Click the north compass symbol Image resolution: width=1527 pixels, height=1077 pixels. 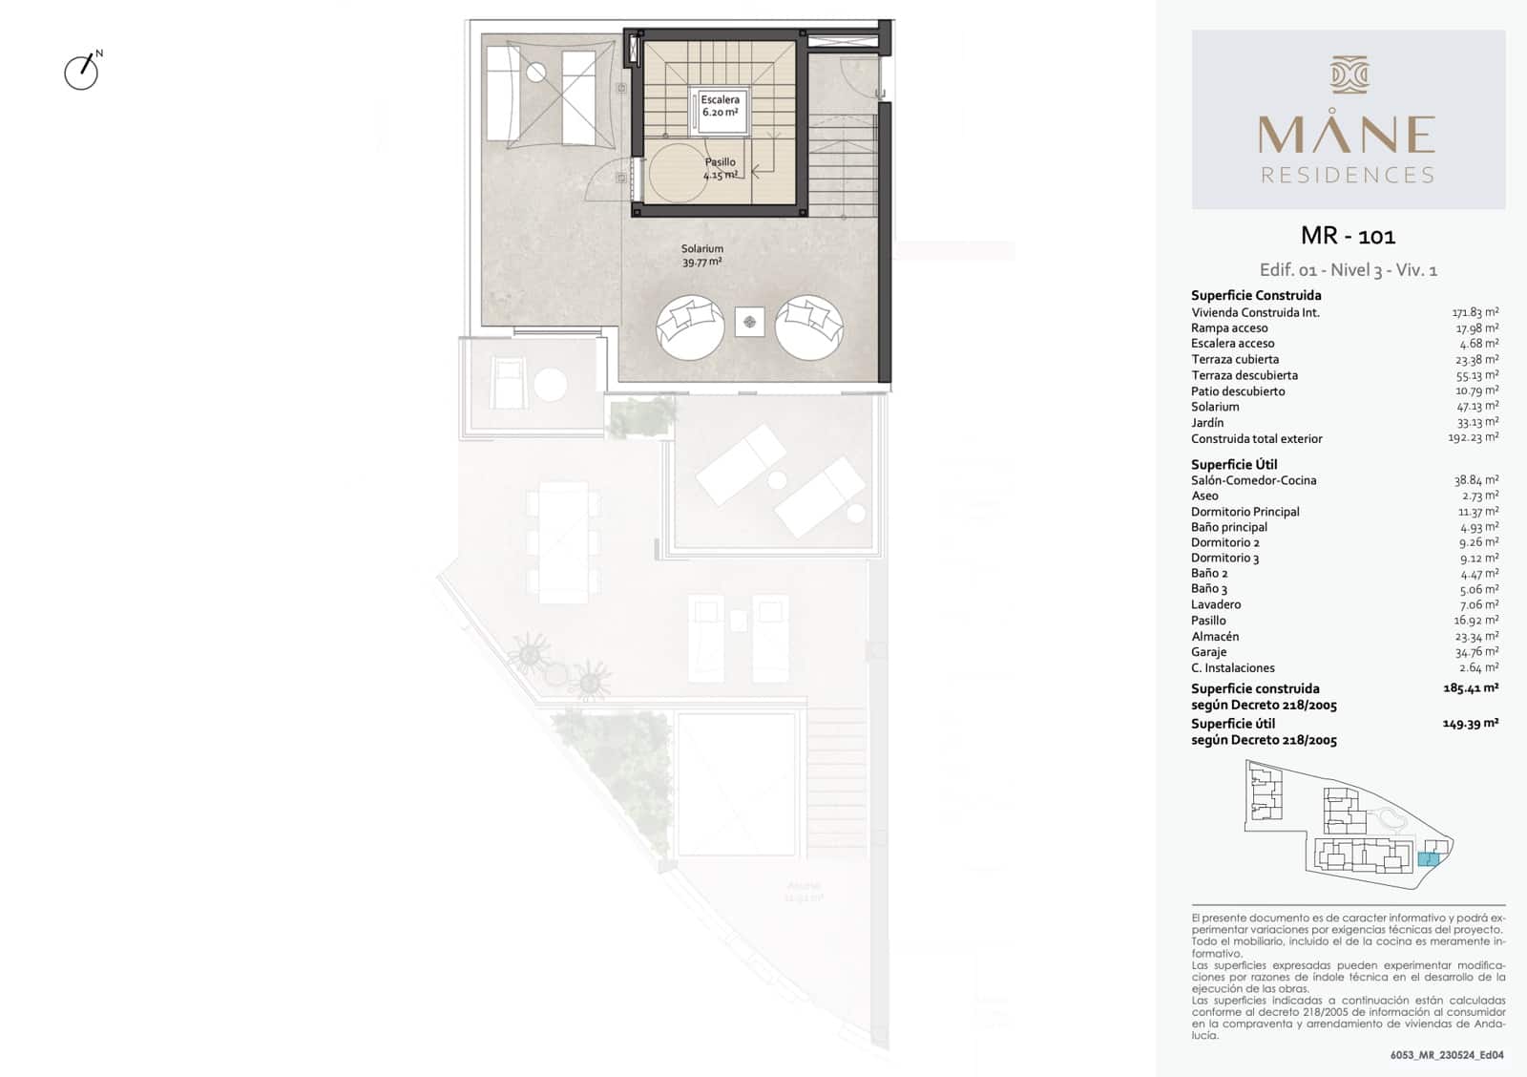pyautogui.click(x=82, y=72)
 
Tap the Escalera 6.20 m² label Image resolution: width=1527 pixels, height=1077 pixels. pyautogui.click(x=720, y=106)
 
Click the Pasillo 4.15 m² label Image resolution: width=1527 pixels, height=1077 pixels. pyautogui.click(x=720, y=169)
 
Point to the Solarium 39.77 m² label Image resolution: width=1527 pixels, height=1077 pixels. pyautogui.click(x=701, y=255)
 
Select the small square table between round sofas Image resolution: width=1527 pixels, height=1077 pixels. pyautogui.click(x=750, y=322)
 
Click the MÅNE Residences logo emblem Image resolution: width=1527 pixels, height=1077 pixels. pyautogui.click(x=1349, y=74)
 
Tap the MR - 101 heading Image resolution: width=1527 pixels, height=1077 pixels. pyautogui.click(x=1348, y=236)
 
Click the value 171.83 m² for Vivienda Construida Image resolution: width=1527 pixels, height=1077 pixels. pyautogui.click(x=1475, y=312)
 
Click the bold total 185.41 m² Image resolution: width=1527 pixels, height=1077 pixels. pyautogui.click(x=1470, y=687)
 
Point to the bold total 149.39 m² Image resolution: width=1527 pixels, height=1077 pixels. pyautogui.click(x=1470, y=723)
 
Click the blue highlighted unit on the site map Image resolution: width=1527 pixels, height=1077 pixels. pyautogui.click(x=1428, y=859)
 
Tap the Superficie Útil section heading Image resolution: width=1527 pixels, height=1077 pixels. pyautogui.click(x=1234, y=465)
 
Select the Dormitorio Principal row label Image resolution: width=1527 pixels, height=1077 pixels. pyautogui.click(x=1245, y=512)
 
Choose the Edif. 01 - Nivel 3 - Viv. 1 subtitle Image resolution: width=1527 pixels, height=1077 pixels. pyautogui.click(x=1348, y=270)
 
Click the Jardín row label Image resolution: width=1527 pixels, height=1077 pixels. pyautogui.click(x=1207, y=423)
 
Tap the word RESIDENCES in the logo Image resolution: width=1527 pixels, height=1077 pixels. pyautogui.click(x=1348, y=176)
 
